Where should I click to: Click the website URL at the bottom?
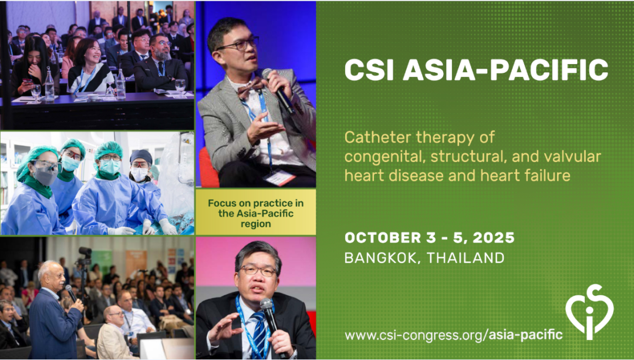[x=453, y=335]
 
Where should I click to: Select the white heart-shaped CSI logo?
[x=589, y=311]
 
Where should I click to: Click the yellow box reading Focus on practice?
[x=255, y=213]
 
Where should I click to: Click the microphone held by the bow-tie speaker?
[x=278, y=90]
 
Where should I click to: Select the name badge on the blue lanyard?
[x=279, y=177]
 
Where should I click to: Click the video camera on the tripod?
[x=85, y=255]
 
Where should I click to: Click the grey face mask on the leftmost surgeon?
[x=45, y=176]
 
